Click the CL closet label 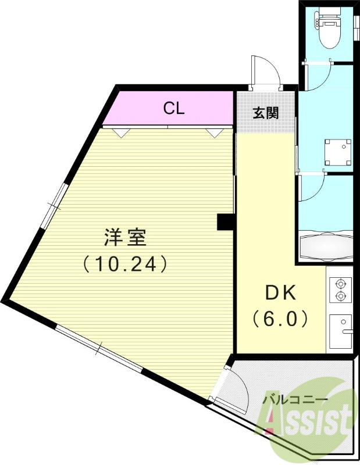[x=173, y=109]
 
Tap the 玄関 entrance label [x=265, y=112]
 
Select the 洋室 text [x=124, y=238]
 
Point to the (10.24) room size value [x=124, y=264]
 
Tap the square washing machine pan [x=338, y=152]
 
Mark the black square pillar [x=225, y=222]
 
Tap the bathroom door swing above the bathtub [x=314, y=188]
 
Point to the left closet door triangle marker [x=121, y=133]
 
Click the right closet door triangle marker [x=215, y=133]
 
